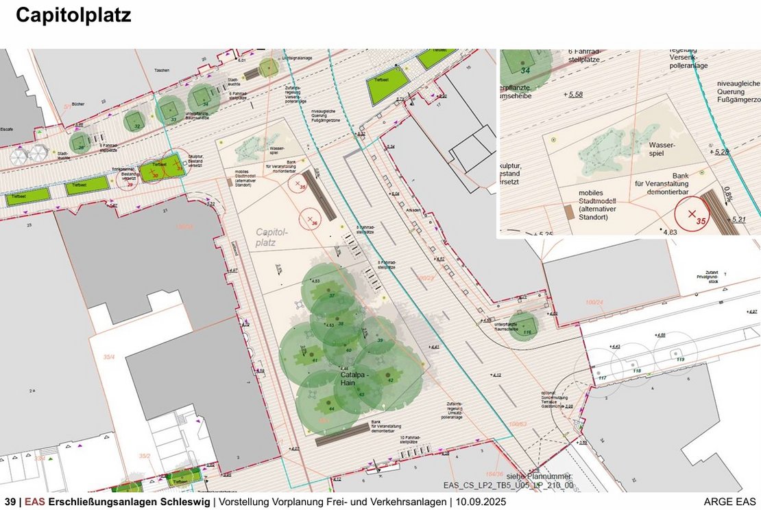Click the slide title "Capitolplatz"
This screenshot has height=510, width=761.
click(73, 16)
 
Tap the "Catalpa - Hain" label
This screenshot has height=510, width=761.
click(355, 376)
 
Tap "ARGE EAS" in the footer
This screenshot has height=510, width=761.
click(730, 502)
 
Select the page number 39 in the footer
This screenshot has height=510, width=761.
click(10, 502)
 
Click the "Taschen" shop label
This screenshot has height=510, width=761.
click(162, 71)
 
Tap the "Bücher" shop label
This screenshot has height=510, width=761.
click(77, 104)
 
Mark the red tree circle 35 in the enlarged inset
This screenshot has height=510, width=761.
click(692, 214)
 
